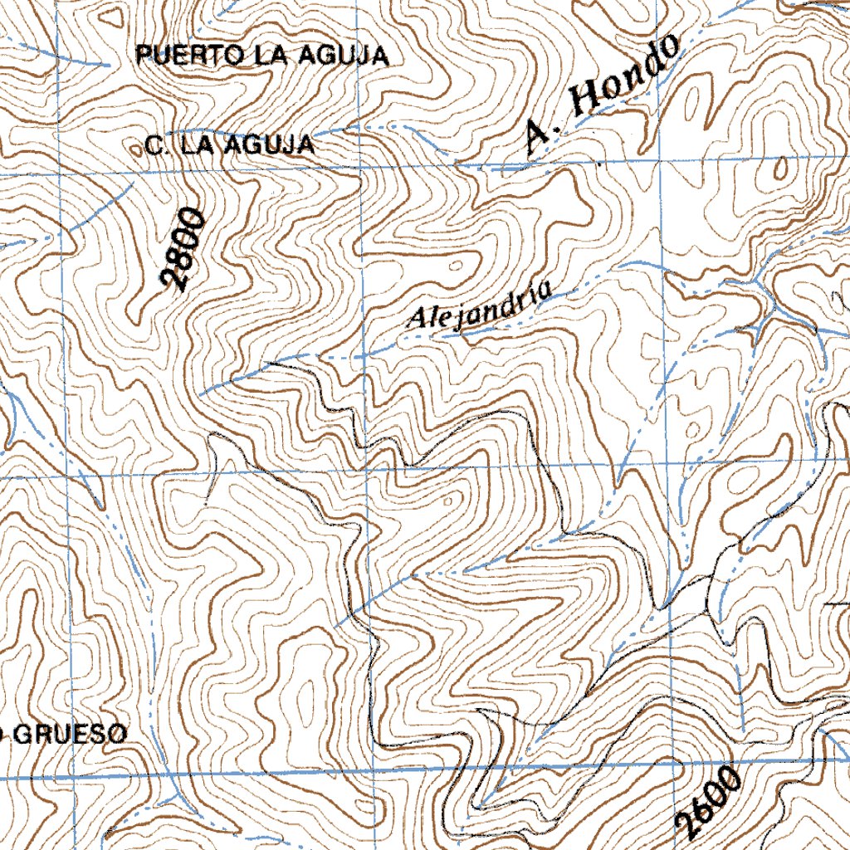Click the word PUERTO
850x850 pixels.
190,56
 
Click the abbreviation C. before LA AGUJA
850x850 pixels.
154,146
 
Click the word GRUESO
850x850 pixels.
71,734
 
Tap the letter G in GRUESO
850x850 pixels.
24,734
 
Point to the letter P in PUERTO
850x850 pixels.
143,56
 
